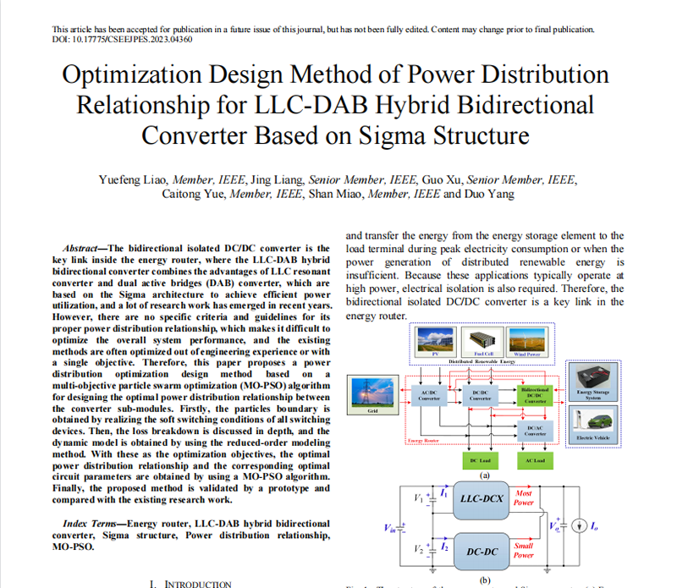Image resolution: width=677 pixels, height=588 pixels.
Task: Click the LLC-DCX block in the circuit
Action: (x=482, y=498)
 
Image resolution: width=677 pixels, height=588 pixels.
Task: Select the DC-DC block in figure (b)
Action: (x=482, y=552)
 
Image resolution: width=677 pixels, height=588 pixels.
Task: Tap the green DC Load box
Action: (x=480, y=460)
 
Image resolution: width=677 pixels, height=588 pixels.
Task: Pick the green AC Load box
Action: (x=535, y=460)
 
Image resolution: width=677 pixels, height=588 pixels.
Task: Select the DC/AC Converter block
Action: (x=535, y=431)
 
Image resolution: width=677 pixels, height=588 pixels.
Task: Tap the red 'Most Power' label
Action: (x=524, y=497)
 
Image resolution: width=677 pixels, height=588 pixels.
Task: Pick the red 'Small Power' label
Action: (x=524, y=550)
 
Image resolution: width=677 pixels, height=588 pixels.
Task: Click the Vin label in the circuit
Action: (x=389, y=528)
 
